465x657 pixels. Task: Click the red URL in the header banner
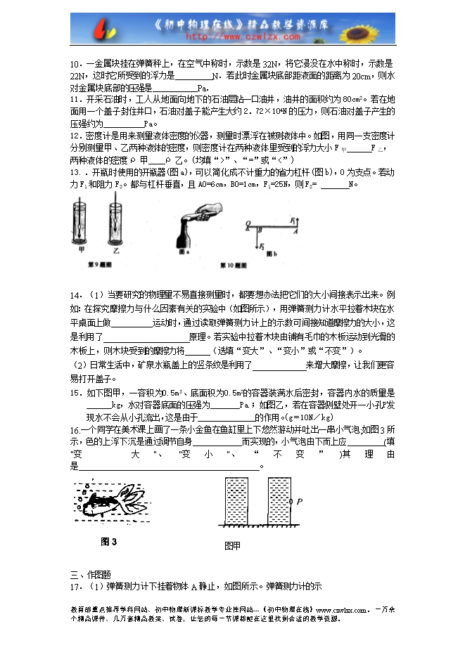pyautogui.click(x=233, y=36)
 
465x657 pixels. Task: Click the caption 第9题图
pyautogui.click(x=98, y=265)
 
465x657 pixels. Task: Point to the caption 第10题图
pyautogui.click(x=234, y=265)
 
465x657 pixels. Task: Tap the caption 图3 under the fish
pyautogui.click(x=108, y=541)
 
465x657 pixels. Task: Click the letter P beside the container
pyautogui.click(x=300, y=501)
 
